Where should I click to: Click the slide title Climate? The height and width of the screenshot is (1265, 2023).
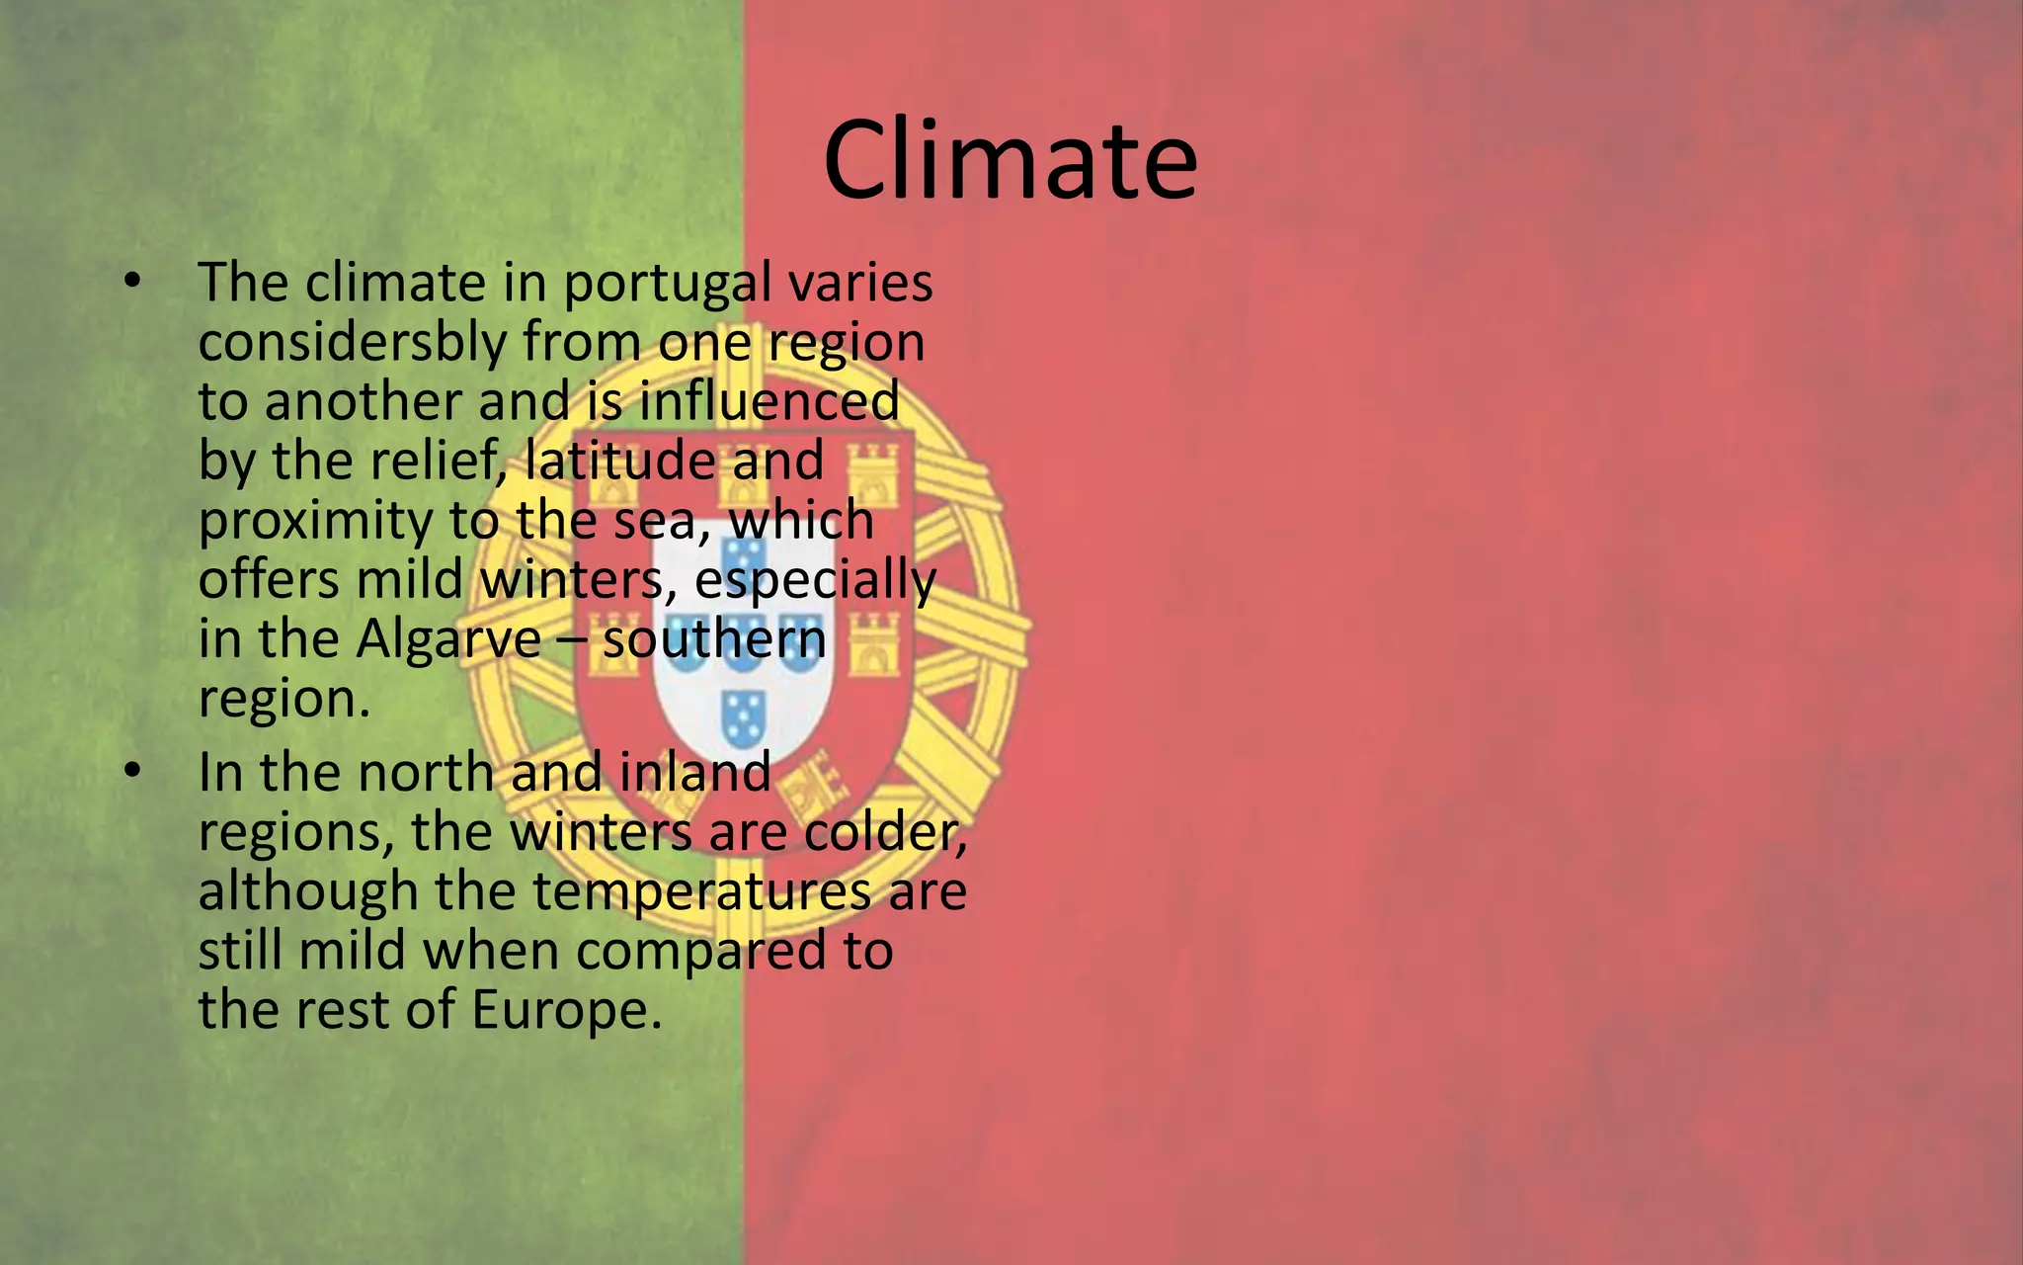1010,160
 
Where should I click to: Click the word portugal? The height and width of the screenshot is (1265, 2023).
667,285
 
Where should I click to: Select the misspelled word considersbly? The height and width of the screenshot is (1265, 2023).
353,343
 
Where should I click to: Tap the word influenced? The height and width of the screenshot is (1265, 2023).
769,402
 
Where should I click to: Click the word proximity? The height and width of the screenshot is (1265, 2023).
315,522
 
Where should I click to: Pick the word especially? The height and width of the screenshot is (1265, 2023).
815,581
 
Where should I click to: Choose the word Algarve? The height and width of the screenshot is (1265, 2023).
448,640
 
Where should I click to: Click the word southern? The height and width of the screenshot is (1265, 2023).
714,639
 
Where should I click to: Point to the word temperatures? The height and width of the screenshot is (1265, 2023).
702,892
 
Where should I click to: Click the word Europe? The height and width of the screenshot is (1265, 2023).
566,1011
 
